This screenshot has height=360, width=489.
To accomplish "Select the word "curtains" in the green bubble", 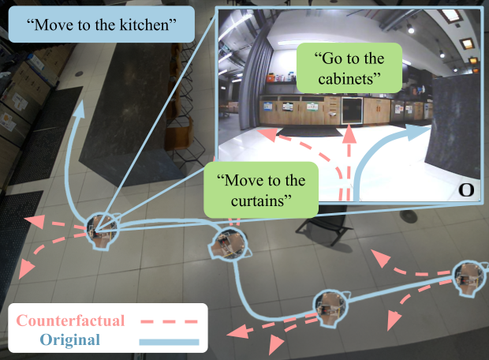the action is click(x=258, y=201).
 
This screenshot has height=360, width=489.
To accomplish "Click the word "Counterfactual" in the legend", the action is click(x=70, y=321).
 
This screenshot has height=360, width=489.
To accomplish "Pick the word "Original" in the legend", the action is click(x=70, y=339).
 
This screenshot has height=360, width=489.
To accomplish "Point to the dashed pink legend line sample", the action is click(x=170, y=321).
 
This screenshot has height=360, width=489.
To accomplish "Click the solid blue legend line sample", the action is click(x=169, y=342).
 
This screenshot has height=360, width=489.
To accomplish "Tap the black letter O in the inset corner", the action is click(x=466, y=189).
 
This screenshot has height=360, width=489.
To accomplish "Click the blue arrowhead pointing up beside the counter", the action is click(x=80, y=109).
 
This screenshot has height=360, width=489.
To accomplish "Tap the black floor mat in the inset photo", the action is click(x=309, y=132).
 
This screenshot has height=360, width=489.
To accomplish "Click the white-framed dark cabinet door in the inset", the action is click(x=353, y=111).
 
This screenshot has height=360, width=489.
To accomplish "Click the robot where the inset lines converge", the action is click(x=102, y=231).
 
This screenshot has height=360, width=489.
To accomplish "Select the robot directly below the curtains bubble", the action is click(x=230, y=243).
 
